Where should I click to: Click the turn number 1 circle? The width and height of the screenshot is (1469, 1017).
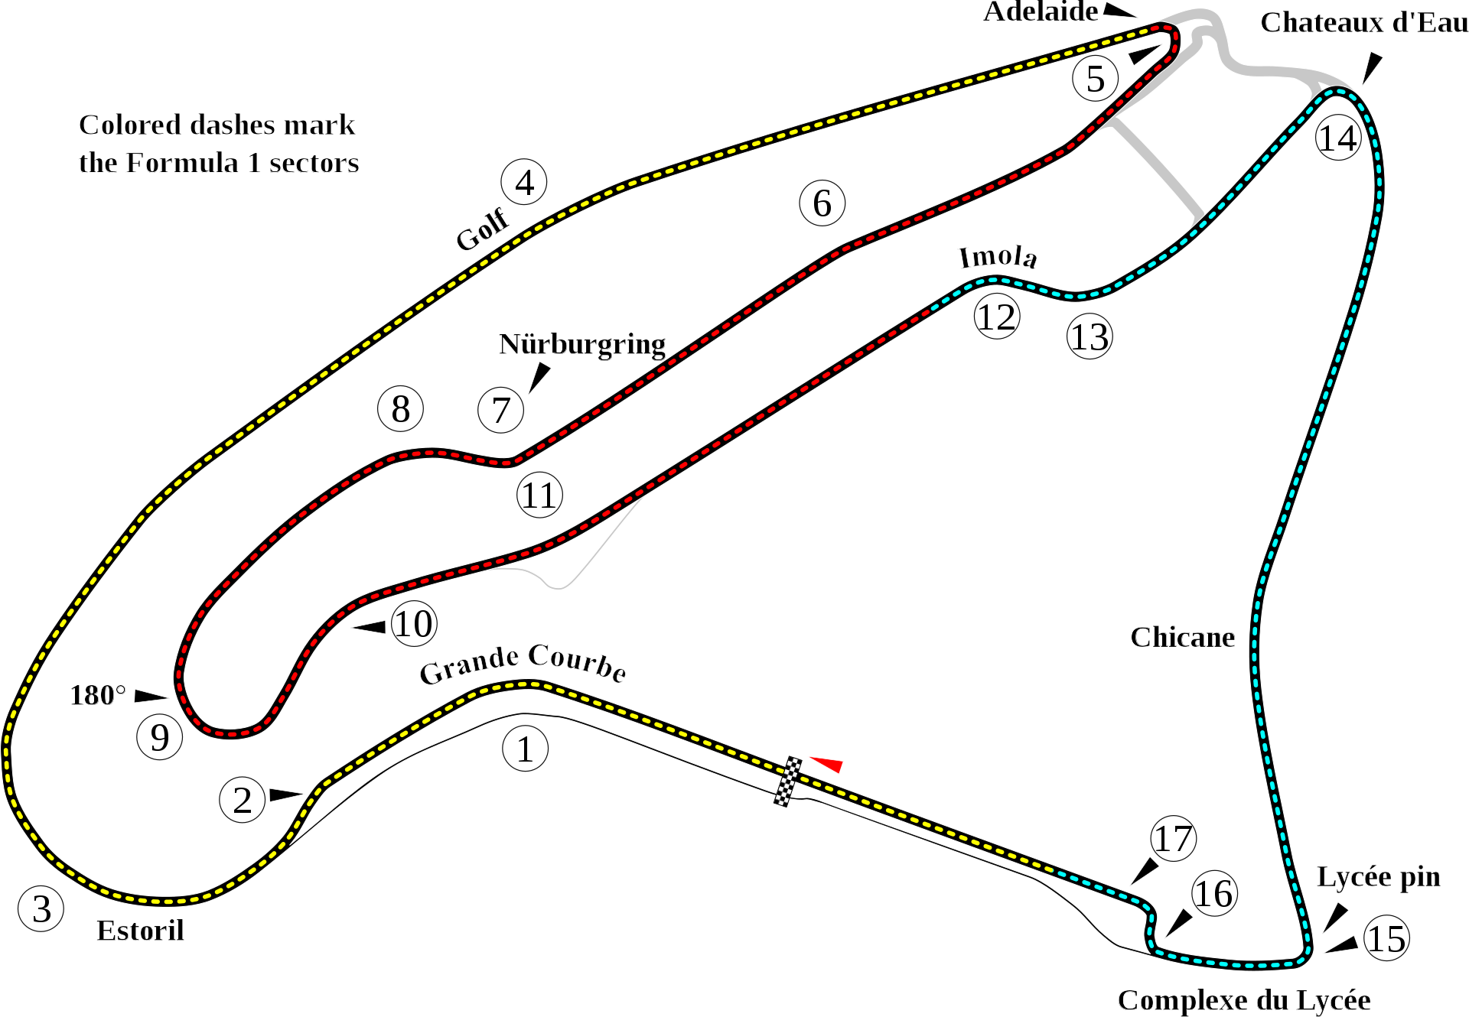[525, 749]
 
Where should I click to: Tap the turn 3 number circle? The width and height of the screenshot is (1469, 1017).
[41, 908]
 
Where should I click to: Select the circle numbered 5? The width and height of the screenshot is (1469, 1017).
[1096, 79]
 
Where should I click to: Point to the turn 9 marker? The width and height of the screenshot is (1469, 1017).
[159, 737]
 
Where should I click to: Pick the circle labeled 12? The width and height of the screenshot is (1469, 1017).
[997, 317]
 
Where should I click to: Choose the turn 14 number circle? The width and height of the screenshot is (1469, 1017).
[1337, 138]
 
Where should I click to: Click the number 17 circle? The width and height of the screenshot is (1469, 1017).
[1173, 839]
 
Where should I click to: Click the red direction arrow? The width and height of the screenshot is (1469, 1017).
[827, 764]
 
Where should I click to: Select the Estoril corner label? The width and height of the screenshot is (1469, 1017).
[141, 931]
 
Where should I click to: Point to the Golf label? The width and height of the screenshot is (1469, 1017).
[483, 229]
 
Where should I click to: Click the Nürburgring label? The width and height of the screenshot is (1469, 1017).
[581, 344]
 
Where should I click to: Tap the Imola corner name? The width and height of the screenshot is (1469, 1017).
[998, 257]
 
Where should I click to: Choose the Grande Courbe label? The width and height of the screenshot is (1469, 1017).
[523, 663]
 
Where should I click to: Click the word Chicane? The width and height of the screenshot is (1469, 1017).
[1182, 637]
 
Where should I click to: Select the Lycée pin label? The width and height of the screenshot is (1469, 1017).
[1378, 877]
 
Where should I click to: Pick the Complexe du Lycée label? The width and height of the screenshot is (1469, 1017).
[1244, 999]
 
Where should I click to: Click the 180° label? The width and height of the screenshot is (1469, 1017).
[98, 695]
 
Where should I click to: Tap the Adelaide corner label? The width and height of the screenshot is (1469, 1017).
[1041, 11]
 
